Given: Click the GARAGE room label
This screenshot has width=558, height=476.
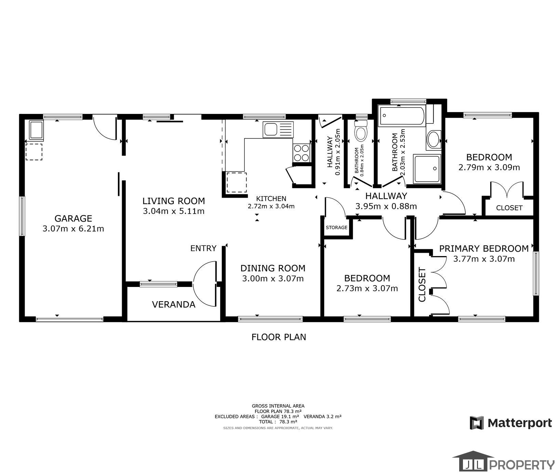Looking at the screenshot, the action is (x=73, y=218).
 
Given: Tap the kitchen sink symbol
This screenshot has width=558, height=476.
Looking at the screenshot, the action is (x=278, y=130).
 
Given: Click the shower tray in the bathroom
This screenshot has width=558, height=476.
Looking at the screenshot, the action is (x=427, y=169).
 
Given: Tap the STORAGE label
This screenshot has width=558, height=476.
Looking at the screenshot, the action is (x=336, y=227).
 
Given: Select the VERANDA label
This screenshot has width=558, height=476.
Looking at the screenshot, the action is (x=174, y=304).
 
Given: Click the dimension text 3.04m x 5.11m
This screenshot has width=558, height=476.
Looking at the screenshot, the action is (x=174, y=211).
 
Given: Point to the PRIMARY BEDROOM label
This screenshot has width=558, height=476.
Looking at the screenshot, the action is (x=484, y=248).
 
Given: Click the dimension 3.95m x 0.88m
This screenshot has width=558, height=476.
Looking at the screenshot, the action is (x=386, y=206).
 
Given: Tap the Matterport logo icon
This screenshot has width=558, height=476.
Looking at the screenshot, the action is (x=477, y=423).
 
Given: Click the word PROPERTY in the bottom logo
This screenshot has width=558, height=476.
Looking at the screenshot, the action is (x=522, y=465).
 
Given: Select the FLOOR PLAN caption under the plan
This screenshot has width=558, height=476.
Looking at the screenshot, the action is (x=279, y=337).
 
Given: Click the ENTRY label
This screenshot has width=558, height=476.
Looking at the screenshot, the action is (x=203, y=248).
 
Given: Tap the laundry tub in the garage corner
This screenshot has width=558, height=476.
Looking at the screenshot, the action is (x=36, y=131).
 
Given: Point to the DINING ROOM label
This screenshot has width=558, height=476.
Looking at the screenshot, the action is (x=273, y=268).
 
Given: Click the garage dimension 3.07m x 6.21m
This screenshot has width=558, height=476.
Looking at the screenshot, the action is (x=73, y=228).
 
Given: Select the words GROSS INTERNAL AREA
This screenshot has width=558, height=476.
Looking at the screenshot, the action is (x=278, y=406).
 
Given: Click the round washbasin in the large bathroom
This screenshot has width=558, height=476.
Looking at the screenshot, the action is (x=434, y=140).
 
